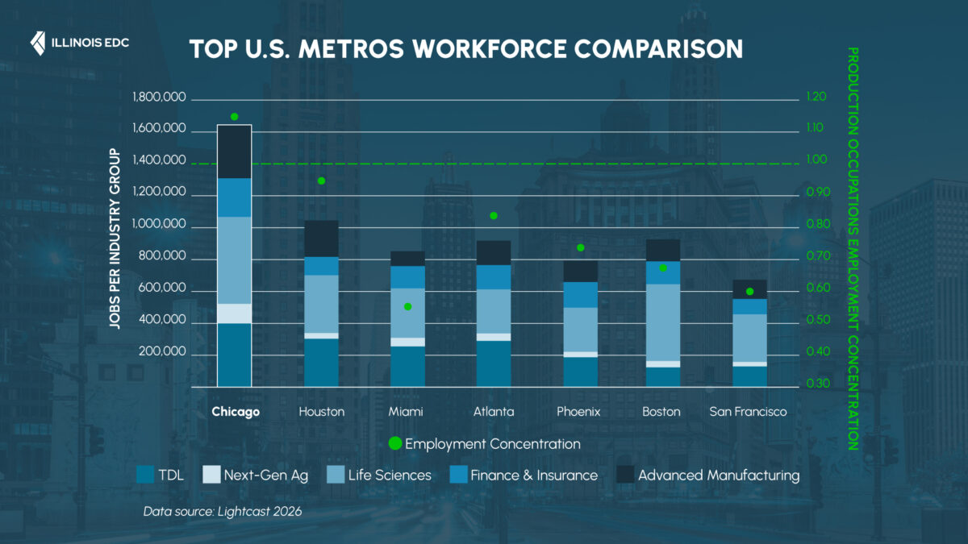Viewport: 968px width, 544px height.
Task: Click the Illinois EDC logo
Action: [79, 42]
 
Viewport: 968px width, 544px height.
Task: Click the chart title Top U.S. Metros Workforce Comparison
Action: [465, 48]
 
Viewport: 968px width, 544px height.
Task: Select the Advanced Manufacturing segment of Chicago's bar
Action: [235, 152]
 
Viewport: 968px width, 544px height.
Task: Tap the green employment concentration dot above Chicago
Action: [235, 117]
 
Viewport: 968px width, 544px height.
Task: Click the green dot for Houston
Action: [321, 181]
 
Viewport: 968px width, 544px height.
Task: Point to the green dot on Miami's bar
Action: [407, 306]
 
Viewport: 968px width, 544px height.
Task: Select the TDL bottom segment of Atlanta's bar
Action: [494, 363]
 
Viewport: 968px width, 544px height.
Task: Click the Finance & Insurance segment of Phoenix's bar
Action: [580, 295]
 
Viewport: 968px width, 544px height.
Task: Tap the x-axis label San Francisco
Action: [748, 412]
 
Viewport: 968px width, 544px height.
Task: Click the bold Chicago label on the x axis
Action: [236, 412]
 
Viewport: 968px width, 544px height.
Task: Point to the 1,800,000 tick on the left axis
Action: [159, 98]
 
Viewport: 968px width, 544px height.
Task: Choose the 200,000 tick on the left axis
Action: [165, 353]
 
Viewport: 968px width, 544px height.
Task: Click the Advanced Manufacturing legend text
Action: [718, 475]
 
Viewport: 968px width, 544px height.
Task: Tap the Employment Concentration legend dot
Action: [394, 443]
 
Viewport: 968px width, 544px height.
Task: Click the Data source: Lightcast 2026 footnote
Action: [222, 512]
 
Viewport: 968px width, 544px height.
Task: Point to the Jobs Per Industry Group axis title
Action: [115, 239]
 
